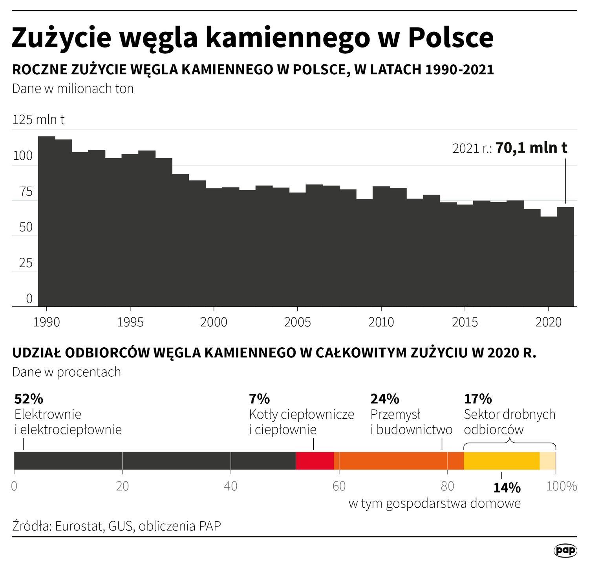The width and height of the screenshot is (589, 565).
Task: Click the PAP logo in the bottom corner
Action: (x=565, y=550)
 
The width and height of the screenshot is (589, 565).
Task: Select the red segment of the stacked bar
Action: (x=315, y=461)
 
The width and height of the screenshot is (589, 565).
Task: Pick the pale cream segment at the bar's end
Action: (x=548, y=461)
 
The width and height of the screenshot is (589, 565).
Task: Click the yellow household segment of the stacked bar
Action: (x=501, y=461)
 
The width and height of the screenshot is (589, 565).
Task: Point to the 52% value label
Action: (x=29, y=399)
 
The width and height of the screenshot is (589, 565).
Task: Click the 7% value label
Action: (x=259, y=399)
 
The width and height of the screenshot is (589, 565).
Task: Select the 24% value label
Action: (x=384, y=399)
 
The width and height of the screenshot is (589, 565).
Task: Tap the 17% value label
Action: (x=478, y=399)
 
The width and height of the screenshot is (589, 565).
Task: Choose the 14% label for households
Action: (x=507, y=488)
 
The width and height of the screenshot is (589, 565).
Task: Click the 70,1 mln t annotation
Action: (x=531, y=148)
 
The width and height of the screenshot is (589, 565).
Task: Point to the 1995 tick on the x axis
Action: (x=130, y=322)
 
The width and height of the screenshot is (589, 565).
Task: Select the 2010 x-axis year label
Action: (x=381, y=322)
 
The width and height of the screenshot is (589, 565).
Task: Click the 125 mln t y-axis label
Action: (x=38, y=119)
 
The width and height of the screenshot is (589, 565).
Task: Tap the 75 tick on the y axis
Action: (x=26, y=192)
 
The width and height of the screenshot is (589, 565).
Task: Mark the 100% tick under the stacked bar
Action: (x=562, y=486)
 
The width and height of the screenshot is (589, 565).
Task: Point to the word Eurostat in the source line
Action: (x=79, y=526)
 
